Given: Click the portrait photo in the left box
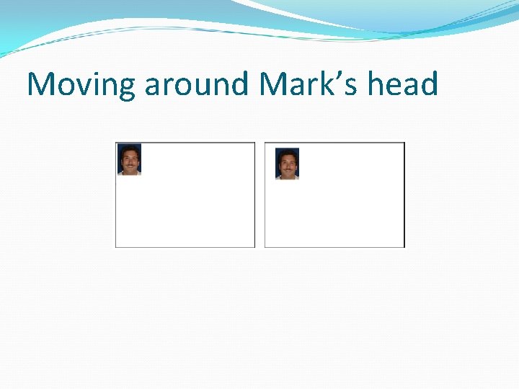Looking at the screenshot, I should click(x=129, y=160).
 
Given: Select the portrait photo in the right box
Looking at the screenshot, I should click(x=288, y=164).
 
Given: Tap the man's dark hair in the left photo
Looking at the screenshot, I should click(x=129, y=149).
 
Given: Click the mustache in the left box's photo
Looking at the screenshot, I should click(x=129, y=165).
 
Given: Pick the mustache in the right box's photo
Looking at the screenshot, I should click(x=288, y=169).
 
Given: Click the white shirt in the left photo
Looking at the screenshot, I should click(x=129, y=172).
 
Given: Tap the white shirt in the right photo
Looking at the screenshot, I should click(x=288, y=176).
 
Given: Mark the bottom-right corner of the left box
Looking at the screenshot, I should click(x=254, y=246).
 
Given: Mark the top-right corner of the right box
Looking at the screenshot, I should click(x=404, y=143).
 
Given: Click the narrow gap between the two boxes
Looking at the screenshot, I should click(x=260, y=194).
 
